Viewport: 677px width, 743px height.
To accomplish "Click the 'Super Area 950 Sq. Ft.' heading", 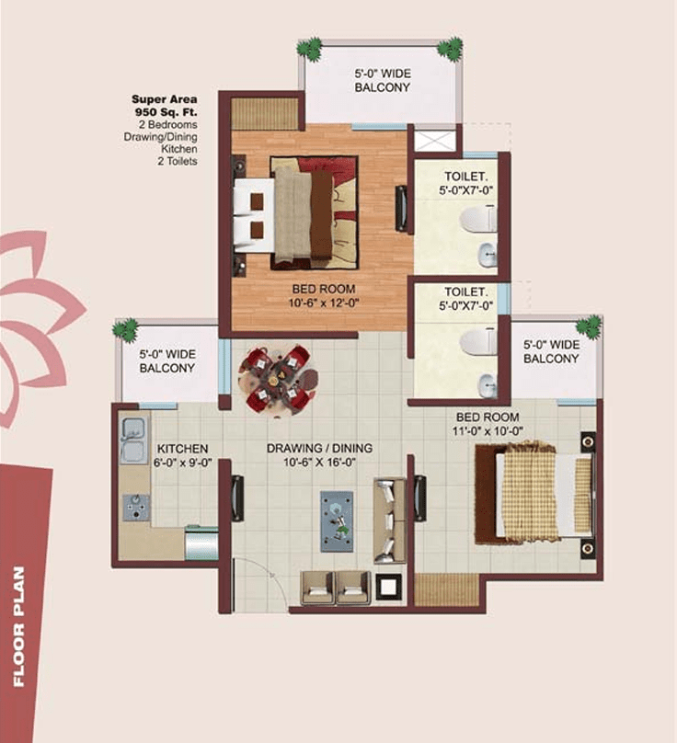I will point(165,106).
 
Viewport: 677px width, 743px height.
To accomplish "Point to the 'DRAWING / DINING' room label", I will point(319,448).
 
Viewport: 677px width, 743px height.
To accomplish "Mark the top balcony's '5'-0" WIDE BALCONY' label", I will point(382,81).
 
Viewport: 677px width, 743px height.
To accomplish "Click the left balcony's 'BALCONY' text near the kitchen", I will point(166,368).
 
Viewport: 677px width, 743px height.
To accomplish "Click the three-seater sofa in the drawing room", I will point(389,520).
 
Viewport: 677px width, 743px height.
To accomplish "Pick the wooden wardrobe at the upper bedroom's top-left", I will point(264,112).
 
